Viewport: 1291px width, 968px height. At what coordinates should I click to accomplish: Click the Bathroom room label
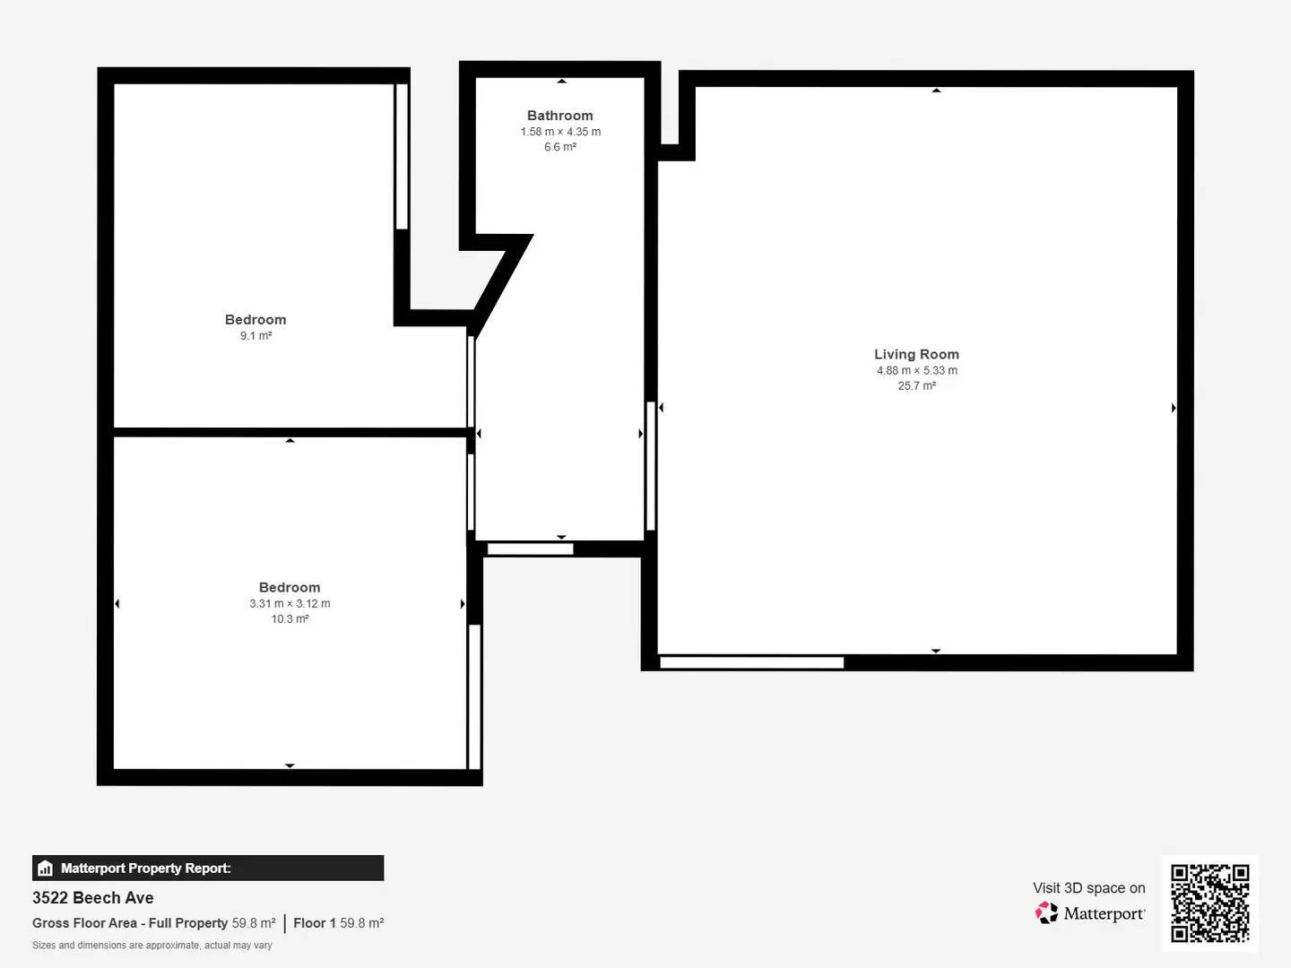(x=560, y=116)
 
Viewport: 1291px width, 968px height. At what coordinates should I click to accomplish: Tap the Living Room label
(x=916, y=354)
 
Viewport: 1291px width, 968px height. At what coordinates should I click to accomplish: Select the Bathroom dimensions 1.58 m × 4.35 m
(x=560, y=132)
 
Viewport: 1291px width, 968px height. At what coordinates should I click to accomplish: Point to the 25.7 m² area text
(x=917, y=385)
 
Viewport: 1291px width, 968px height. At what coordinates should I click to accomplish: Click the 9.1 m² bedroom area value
(x=256, y=335)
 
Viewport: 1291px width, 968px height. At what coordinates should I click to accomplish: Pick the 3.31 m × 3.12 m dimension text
(x=290, y=603)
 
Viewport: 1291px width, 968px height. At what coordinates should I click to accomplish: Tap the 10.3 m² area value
(x=290, y=618)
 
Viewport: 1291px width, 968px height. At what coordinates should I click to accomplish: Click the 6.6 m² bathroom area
(x=560, y=147)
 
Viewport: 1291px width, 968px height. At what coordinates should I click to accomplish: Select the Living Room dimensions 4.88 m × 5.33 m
(x=917, y=370)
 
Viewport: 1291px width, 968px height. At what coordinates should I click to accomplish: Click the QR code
(x=1209, y=903)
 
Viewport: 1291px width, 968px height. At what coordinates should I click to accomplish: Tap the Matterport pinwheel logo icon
(x=1046, y=912)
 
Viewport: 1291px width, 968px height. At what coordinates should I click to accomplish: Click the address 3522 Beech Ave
(x=93, y=898)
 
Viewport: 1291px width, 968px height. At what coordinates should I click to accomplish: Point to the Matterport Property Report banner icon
(x=46, y=869)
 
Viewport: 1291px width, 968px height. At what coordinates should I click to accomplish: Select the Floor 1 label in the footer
(x=315, y=923)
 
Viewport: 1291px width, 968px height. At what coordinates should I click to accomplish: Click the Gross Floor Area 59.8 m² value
(x=254, y=923)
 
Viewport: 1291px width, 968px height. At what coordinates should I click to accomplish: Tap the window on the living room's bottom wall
(x=751, y=663)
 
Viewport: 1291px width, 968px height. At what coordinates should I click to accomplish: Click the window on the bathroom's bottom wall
(x=530, y=549)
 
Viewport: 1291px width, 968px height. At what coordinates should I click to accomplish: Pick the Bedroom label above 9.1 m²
(x=256, y=320)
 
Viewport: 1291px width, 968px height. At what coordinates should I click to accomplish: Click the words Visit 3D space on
(x=1089, y=888)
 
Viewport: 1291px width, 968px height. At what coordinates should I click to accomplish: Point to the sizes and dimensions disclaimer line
(x=152, y=945)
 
